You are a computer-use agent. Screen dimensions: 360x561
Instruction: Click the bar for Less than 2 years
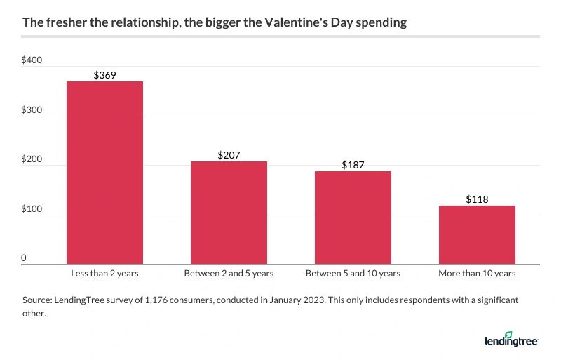coord(104,173)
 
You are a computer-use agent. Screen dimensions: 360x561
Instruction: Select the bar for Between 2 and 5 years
coord(229,213)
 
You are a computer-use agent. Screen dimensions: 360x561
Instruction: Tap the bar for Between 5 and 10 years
coord(353,218)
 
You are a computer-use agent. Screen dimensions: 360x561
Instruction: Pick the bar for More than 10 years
coord(477,234)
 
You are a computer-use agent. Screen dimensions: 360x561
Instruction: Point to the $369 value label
coord(104,74)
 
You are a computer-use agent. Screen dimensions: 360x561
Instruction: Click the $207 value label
coord(229,154)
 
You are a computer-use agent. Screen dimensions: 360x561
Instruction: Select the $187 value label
coord(353,164)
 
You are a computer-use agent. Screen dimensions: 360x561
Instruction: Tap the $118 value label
coord(477,199)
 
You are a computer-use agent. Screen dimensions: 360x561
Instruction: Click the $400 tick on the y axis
coord(33,61)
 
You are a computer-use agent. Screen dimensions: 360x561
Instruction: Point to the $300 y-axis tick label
coord(33,111)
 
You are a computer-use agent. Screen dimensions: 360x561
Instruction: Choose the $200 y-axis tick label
coord(33,160)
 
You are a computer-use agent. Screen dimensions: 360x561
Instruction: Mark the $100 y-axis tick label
coord(33,210)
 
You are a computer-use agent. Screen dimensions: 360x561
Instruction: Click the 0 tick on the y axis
coord(24,259)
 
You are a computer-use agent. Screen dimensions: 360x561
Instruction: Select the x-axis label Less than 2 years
coord(104,273)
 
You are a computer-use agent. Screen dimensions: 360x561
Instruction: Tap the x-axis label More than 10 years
coord(477,273)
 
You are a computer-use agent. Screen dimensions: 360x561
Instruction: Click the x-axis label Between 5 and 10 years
coord(353,273)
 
